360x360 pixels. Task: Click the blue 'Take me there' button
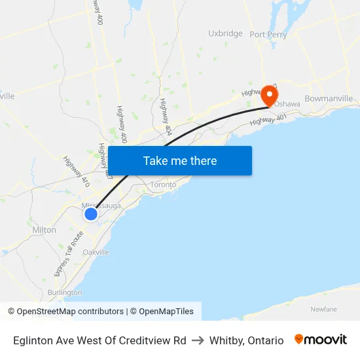tap(180, 160)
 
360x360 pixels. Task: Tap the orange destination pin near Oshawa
tap(269, 96)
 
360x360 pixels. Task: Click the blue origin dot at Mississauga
tap(91, 213)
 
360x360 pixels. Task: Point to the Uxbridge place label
tap(225, 33)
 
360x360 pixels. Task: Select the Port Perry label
tap(268, 35)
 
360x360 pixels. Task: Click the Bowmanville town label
tap(329, 98)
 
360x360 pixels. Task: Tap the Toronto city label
tap(164, 185)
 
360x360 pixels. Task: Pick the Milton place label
tap(45, 230)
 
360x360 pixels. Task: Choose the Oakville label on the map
tap(96, 252)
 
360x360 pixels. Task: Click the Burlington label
tap(65, 293)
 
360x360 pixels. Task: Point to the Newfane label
tap(324, 308)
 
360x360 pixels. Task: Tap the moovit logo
tap(321, 340)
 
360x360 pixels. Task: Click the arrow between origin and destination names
tap(198, 340)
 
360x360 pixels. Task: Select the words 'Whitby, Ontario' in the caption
tap(247, 340)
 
